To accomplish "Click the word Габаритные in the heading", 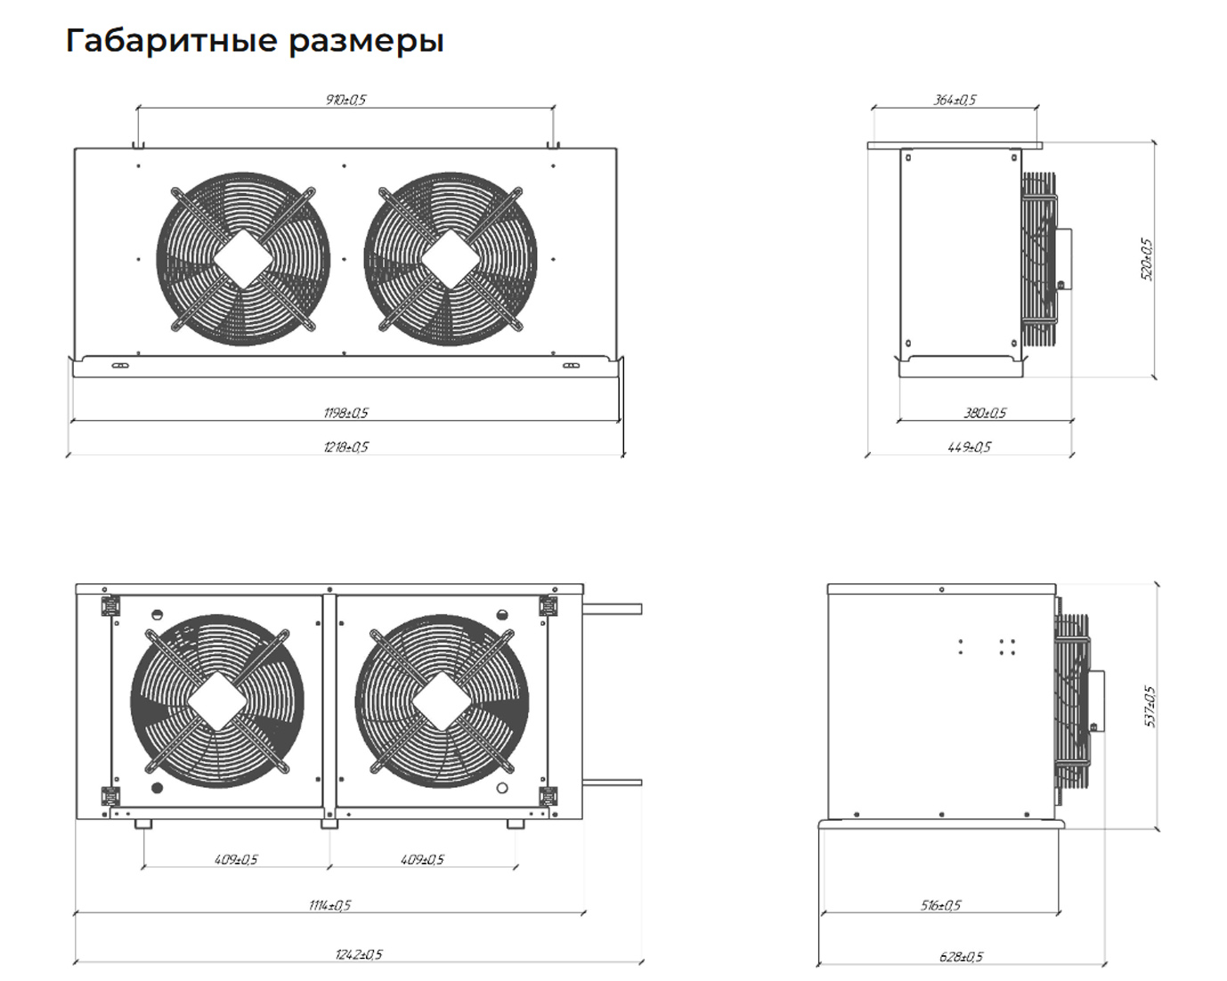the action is click(172, 41).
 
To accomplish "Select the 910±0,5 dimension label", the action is click(345, 100).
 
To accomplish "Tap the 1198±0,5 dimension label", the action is click(346, 413).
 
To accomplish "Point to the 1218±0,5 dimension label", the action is click(346, 447).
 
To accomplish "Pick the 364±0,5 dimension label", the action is click(955, 100).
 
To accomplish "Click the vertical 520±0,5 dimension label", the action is click(1147, 259).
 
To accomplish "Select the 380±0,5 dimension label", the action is click(985, 413).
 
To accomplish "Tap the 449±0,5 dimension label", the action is click(970, 447).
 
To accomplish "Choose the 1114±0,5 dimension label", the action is click(329, 905).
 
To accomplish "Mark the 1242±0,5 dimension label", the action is click(359, 955).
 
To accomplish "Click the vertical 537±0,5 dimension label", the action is click(1150, 707).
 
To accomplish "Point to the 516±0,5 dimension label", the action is click(941, 905).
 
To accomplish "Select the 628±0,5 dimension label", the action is click(962, 957).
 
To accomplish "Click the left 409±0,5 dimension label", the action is click(236, 860).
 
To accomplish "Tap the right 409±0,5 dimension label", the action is click(422, 860).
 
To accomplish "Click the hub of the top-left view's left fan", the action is click(243, 259).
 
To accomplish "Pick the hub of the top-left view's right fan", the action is click(451, 259).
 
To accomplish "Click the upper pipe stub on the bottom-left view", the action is click(613, 610).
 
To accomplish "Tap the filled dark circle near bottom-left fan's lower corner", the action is click(157, 789).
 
